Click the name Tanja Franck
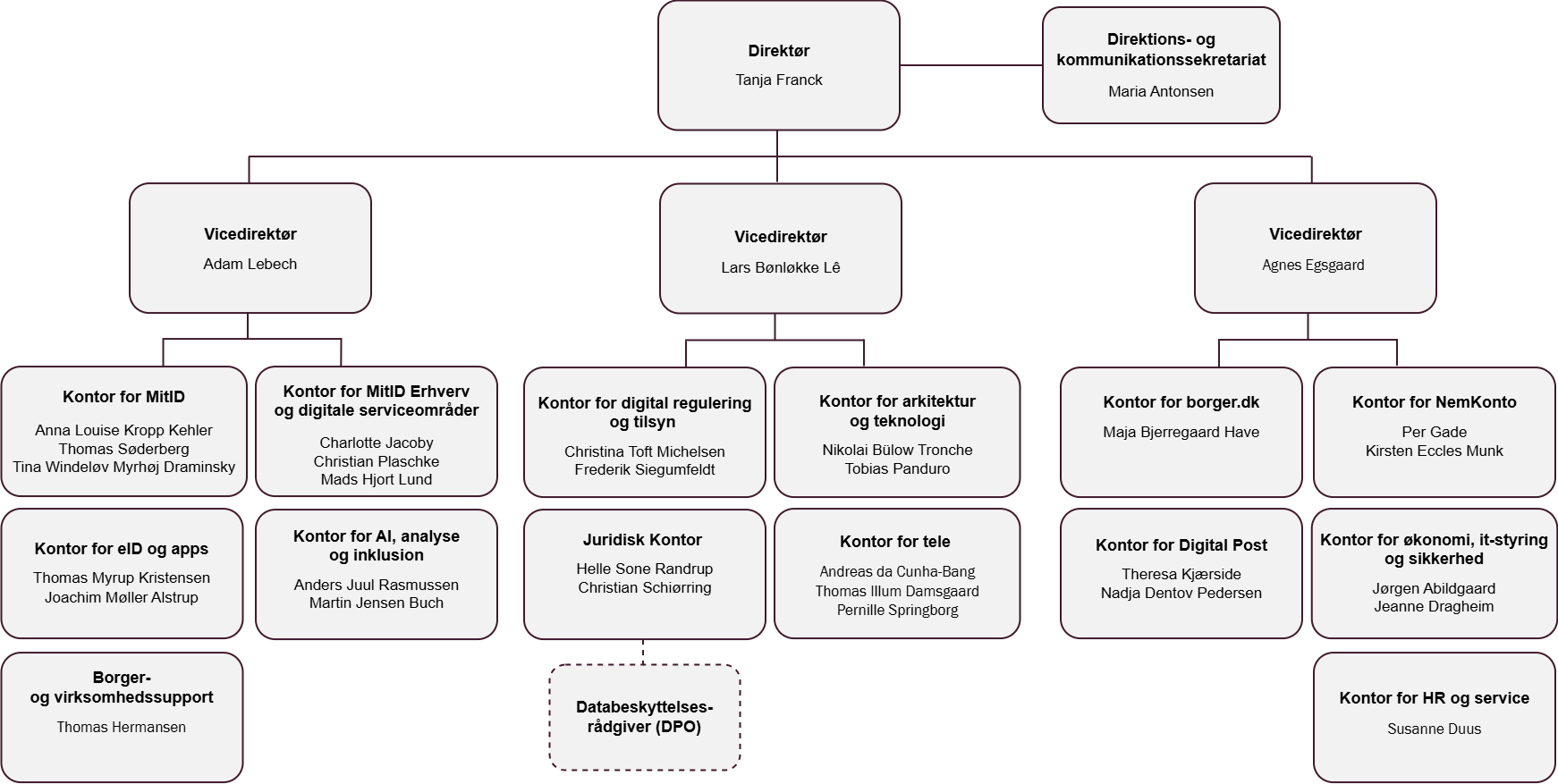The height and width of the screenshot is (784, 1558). coord(778,80)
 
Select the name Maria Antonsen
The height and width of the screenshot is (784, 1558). coord(1160,91)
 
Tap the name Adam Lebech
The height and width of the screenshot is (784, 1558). coord(250,264)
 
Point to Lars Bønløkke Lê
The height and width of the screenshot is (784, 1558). coord(780,267)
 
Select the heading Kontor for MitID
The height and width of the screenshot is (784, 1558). coord(123,397)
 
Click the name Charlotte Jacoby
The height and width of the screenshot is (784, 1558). coord(376,443)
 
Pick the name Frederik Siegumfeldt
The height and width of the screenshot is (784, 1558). coord(644,469)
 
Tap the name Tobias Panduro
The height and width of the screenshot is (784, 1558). coord(897,468)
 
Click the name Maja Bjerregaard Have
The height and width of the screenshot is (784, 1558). coord(1181,432)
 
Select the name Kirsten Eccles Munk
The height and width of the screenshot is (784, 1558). coord(1434,451)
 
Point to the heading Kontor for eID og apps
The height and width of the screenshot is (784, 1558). coord(122,549)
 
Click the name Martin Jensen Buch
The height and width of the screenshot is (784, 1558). coord(376,603)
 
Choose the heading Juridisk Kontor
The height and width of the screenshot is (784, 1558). coord(642,540)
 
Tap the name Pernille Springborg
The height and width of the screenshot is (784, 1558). coord(897,610)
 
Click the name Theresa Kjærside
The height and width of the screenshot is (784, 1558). coord(1181,574)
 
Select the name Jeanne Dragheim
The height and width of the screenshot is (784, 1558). coord(1434,606)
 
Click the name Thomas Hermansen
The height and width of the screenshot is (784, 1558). coord(122,727)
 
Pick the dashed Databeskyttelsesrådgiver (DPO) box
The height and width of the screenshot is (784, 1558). coord(644,717)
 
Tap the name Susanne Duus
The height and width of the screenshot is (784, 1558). coord(1434,729)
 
